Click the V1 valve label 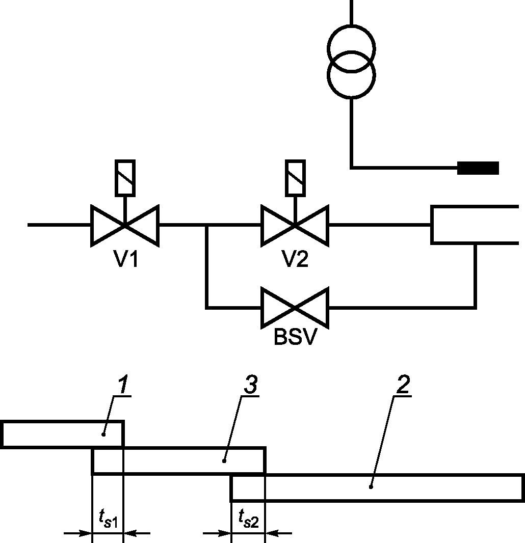click(x=126, y=259)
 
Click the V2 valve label click(x=295, y=259)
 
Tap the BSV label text click(x=295, y=337)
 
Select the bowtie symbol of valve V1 click(x=125, y=226)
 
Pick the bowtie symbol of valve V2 click(x=295, y=226)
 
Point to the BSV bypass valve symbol click(x=295, y=308)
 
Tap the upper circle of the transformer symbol click(x=351, y=25)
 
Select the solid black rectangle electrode click(x=478, y=168)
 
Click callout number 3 click(x=251, y=385)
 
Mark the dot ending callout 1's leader click(x=103, y=435)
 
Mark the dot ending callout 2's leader click(x=371, y=487)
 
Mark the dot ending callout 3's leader click(x=224, y=461)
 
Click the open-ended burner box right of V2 click(x=432, y=225)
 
